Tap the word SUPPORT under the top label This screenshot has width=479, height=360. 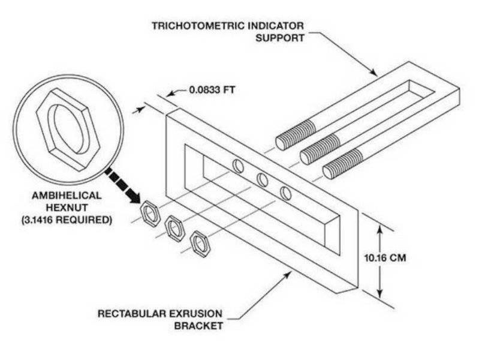(x=280, y=37)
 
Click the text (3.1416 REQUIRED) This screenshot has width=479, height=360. (x=71, y=220)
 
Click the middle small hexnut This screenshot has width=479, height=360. (x=174, y=228)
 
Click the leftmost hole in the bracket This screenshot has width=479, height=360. (x=238, y=166)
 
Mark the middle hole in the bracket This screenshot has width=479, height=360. (x=262, y=179)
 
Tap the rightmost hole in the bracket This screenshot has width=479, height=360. (x=286, y=193)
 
